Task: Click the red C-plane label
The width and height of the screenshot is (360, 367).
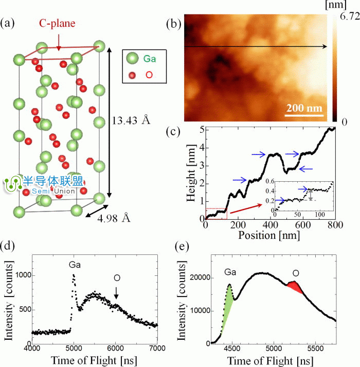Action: point(58,24)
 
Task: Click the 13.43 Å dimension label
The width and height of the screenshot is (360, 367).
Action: point(132,120)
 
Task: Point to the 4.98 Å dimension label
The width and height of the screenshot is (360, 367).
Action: point(113,218)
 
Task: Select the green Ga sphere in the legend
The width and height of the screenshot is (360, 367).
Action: point(133,59)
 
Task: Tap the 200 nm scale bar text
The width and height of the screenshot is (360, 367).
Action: point(304,109)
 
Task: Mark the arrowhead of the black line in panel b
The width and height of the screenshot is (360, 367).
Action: point(325,47)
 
